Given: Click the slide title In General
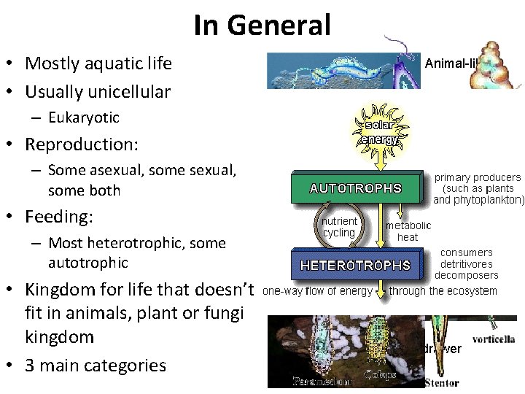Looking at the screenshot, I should click(262, 26).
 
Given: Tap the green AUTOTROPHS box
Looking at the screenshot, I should click(356, 188).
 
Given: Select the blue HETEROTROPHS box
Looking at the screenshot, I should click(356, 265).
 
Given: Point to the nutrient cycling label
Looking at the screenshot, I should click(339, 227).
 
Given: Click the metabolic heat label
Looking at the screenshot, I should click(408, 231).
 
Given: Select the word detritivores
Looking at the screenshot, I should click(466, 264).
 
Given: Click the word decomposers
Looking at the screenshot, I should click(466, 275).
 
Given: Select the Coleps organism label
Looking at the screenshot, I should click(380, 376).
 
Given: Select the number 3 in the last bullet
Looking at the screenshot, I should click(30, 366).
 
